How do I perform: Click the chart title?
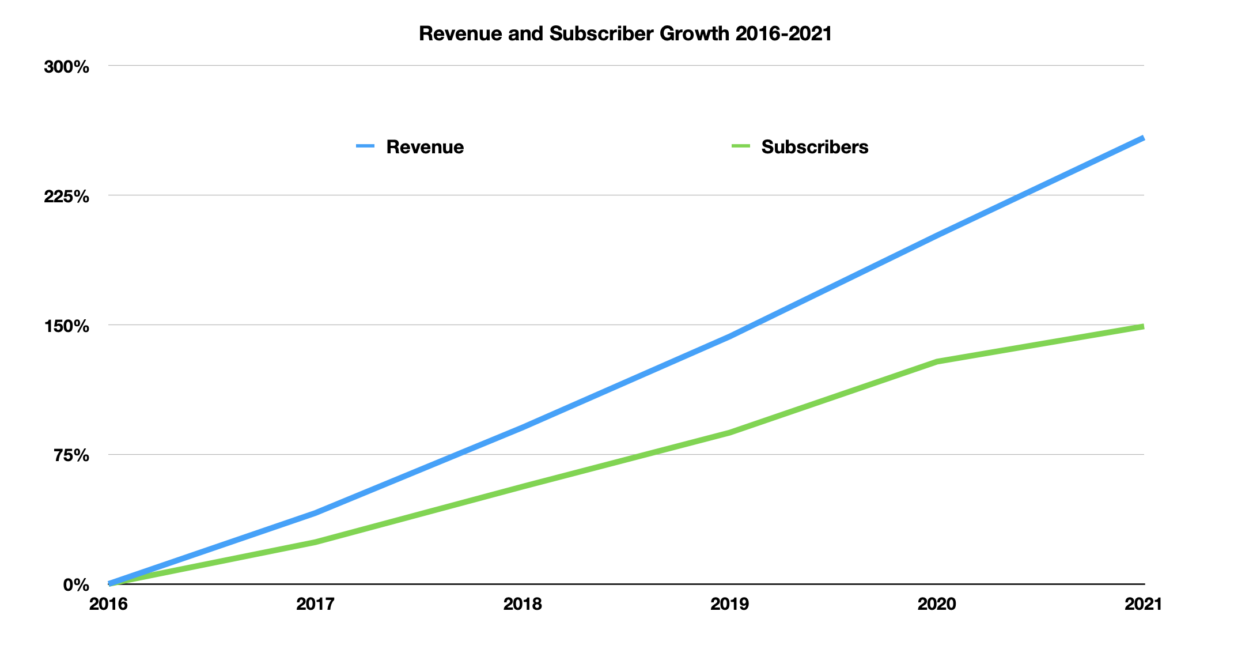coord(625,33)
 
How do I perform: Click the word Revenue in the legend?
coord(425,147)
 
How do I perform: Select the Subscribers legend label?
coord(814,147)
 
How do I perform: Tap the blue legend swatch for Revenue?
coord(365,146)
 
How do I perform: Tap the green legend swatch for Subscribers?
coord(740,146)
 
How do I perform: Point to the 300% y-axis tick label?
coord(67,67)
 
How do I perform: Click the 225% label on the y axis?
coord(67,197)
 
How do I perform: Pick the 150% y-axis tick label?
coord(67,326)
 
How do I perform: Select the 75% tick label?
coord(71,456)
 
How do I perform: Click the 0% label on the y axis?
coord(76,586)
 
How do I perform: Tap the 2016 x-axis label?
coord(108,604)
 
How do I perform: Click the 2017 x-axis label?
coord(315,604)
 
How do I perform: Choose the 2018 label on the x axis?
coord(523,604)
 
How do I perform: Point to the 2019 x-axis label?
coord(729,604)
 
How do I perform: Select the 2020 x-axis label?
coord(937,604)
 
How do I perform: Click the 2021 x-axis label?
coord(1143,604)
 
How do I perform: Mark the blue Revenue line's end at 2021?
coord(1143,138)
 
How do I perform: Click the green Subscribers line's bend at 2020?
coord(937,361)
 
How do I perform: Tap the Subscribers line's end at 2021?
coord(1143,327)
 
